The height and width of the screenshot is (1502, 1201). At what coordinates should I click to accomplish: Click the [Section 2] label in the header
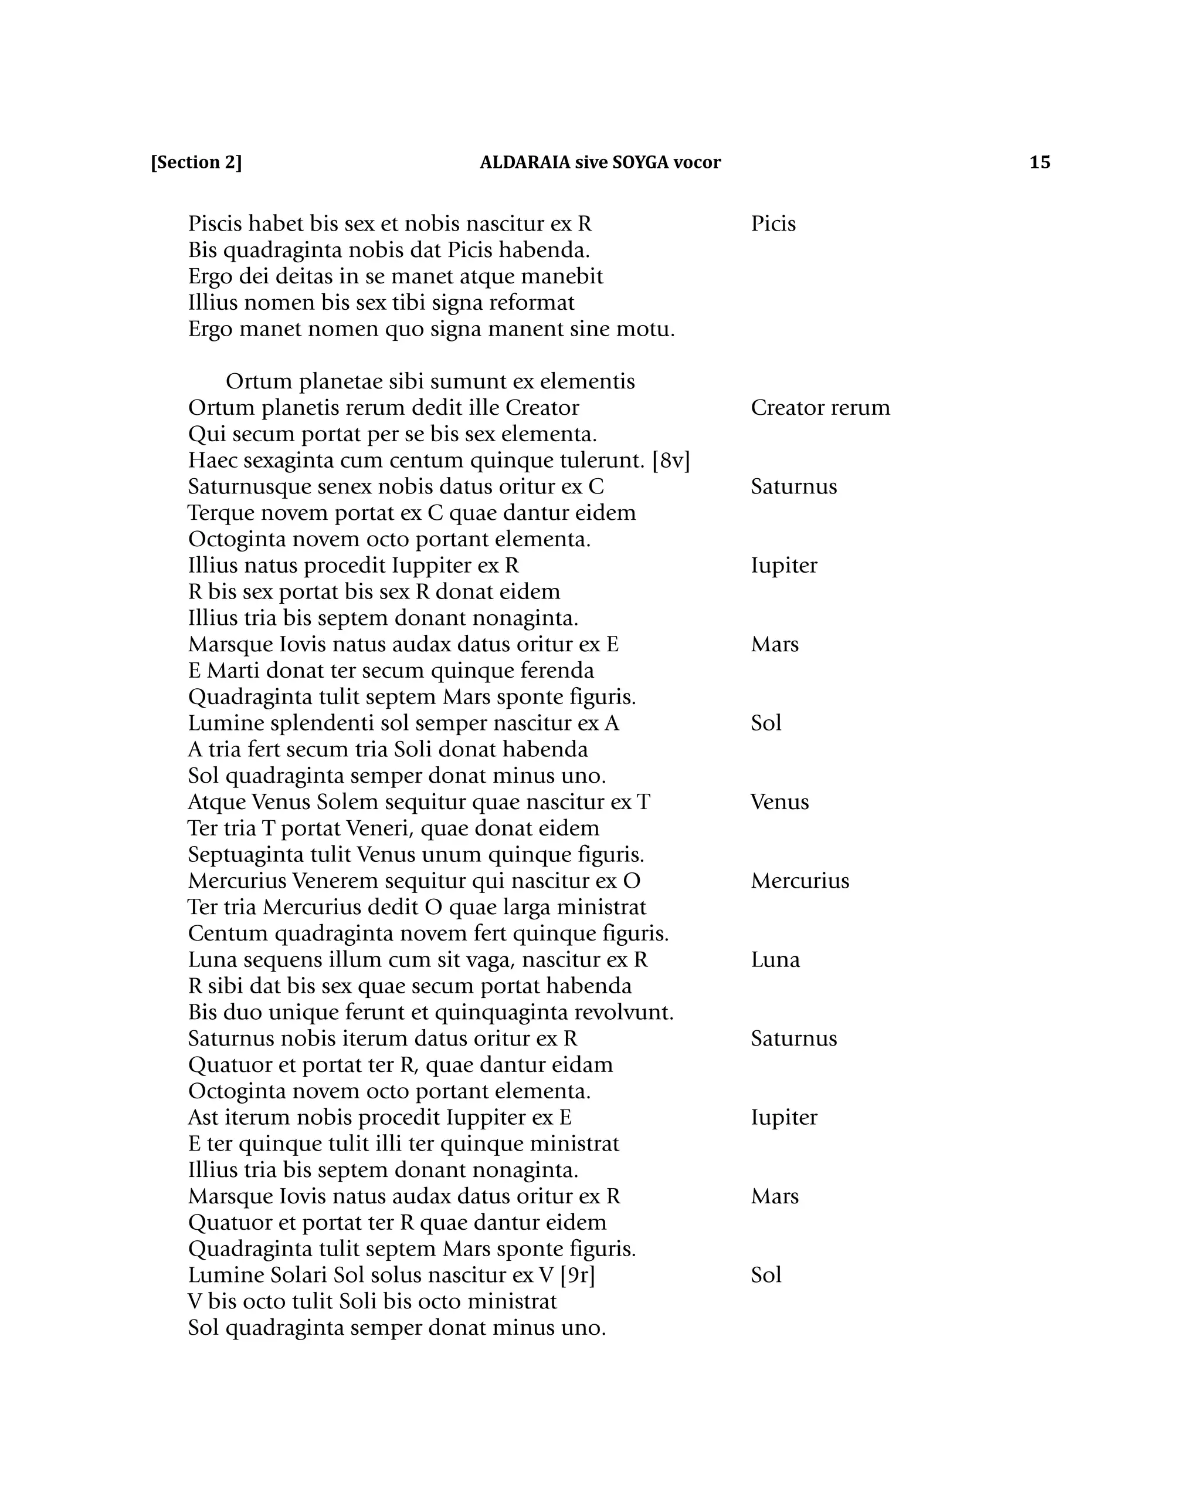pyautogui.click(x=196, y=163)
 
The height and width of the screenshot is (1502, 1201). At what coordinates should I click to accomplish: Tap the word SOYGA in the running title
pyautogui.click(x=640, y=163)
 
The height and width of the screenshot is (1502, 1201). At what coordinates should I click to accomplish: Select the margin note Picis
pyautogui.click(x=773, y=224)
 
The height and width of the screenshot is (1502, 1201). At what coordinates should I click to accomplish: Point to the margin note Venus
pyautogui.click(x=779, y=802)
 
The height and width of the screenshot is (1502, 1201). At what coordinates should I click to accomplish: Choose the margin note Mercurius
pyautogui.click(x=799, y=881)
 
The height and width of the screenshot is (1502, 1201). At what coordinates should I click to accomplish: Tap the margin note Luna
pyautogui.click(x=775, y=959)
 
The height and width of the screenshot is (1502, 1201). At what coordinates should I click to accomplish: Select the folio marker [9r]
pyautogui.click(x=577, y=1275)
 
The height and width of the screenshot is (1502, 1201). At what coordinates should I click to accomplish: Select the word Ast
pyautogui.click(x=203, y=1118)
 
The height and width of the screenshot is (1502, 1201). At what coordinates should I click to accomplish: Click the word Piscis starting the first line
pyautogui.click(x=215, y=224)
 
